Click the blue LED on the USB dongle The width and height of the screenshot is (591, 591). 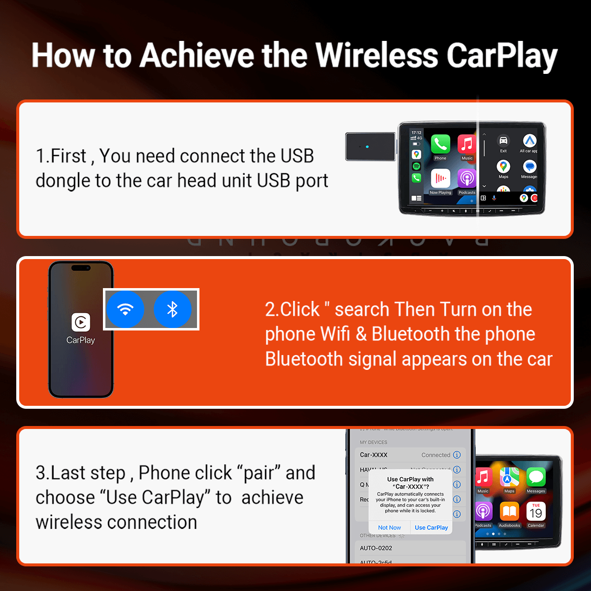[367, 147]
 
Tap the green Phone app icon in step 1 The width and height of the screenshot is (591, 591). [440, 144]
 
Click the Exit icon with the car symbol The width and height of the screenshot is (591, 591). [503, 141]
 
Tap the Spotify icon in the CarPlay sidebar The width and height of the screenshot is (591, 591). [417, 166]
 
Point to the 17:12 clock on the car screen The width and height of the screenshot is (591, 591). [417, 132]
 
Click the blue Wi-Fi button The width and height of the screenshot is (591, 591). [125, 309]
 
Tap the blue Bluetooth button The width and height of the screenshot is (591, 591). [172, 309]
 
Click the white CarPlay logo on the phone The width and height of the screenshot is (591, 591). [81, 323]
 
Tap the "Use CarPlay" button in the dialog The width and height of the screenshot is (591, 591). [431, 527]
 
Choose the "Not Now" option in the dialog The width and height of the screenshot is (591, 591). [390, 527]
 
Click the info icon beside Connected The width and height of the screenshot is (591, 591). [457, 455]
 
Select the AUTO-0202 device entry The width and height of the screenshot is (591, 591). [376, 548]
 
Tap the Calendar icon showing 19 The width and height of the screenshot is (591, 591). [536, 512]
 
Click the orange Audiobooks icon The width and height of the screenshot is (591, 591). [509, 512]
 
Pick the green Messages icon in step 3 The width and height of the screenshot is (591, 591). [536, 477]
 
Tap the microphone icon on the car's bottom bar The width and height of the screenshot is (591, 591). [494, 198]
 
